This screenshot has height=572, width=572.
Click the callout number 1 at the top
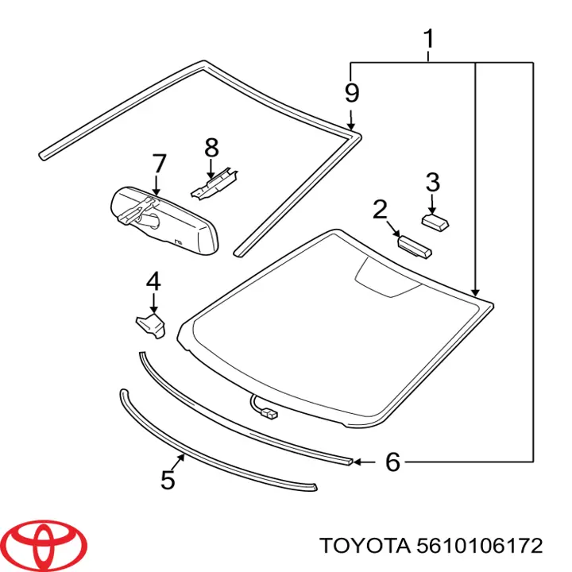pos(429,39)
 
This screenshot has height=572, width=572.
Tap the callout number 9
pos(352,93)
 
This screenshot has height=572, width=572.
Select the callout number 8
pos(211,148)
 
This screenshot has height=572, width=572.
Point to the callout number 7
pos(160,164)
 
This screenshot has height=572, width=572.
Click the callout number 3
pos(433,183)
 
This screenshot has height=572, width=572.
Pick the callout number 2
pos(380,210)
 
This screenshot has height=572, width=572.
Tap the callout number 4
pos(153,281)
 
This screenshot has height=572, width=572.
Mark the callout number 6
pos(393,462)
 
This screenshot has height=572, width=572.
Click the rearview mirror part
pos(164,220)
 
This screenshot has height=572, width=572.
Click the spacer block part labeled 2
pos(414,247)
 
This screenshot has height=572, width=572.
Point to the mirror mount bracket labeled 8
pos(214,184)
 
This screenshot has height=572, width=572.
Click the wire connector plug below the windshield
pos(270,414)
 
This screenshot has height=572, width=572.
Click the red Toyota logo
pos(47,546)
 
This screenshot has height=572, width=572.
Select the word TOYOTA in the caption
pos(365,546)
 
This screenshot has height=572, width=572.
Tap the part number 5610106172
pos(479,546)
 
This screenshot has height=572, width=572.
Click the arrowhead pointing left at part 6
pos(357,462)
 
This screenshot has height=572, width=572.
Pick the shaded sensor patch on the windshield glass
pos(387,278)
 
